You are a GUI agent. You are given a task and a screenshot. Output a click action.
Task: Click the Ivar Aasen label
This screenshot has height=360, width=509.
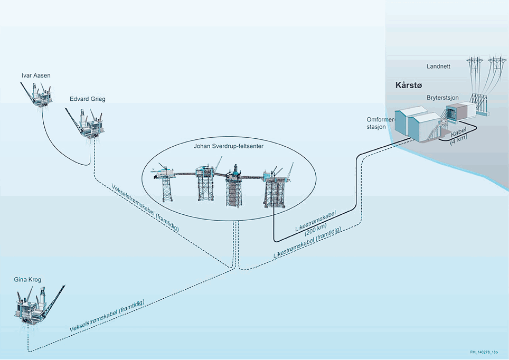point(36,75)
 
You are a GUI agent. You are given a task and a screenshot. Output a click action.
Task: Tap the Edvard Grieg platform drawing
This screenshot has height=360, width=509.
point(85,123)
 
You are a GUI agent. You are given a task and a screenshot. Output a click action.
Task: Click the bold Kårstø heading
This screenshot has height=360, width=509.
point(409,86)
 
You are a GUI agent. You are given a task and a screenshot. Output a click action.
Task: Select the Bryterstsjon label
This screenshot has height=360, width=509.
point(443,98)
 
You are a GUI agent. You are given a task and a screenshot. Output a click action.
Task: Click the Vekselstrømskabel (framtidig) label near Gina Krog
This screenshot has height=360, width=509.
point(107,316)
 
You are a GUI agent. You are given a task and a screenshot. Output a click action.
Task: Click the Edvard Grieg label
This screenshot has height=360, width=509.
point(87,99)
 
